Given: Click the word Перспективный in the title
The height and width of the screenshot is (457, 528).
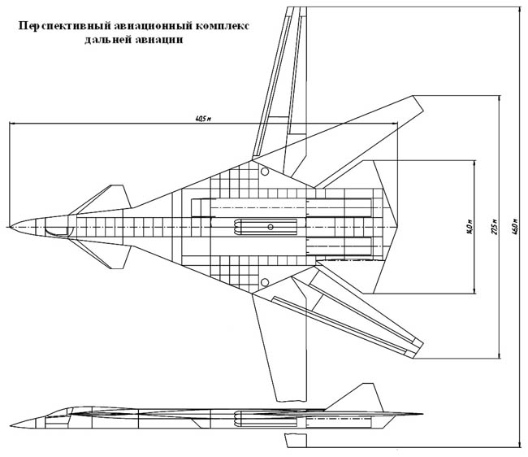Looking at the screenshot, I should tap(56, 26).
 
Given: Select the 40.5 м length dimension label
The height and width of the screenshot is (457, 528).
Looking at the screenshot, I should tap(203, 120).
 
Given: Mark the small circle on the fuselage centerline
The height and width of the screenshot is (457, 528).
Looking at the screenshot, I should tap(270, 224).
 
